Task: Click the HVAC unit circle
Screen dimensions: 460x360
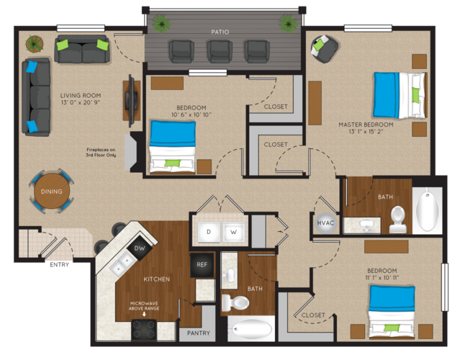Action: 325,222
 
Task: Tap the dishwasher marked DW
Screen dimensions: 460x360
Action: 140,248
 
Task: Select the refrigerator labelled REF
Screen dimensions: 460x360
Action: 202,265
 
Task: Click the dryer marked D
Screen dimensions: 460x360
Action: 209,232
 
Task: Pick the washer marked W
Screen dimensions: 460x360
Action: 233,232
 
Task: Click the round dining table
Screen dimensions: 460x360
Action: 52,191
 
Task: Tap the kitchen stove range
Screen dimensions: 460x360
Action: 144,330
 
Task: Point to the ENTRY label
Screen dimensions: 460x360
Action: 59,265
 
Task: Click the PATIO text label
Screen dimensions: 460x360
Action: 220,32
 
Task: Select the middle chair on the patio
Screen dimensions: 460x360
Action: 220,52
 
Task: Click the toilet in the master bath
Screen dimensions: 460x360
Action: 398,219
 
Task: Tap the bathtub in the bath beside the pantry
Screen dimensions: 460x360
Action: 252,329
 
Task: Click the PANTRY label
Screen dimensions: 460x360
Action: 199,333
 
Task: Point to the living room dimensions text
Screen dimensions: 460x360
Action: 81,102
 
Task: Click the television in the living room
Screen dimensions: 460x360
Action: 131,100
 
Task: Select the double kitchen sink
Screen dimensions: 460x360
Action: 122,264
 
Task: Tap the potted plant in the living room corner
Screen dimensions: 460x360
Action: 35,44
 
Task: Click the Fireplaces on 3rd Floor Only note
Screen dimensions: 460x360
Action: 101,152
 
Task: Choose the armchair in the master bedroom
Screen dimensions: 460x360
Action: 324,49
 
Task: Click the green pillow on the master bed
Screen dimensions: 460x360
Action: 415,95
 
